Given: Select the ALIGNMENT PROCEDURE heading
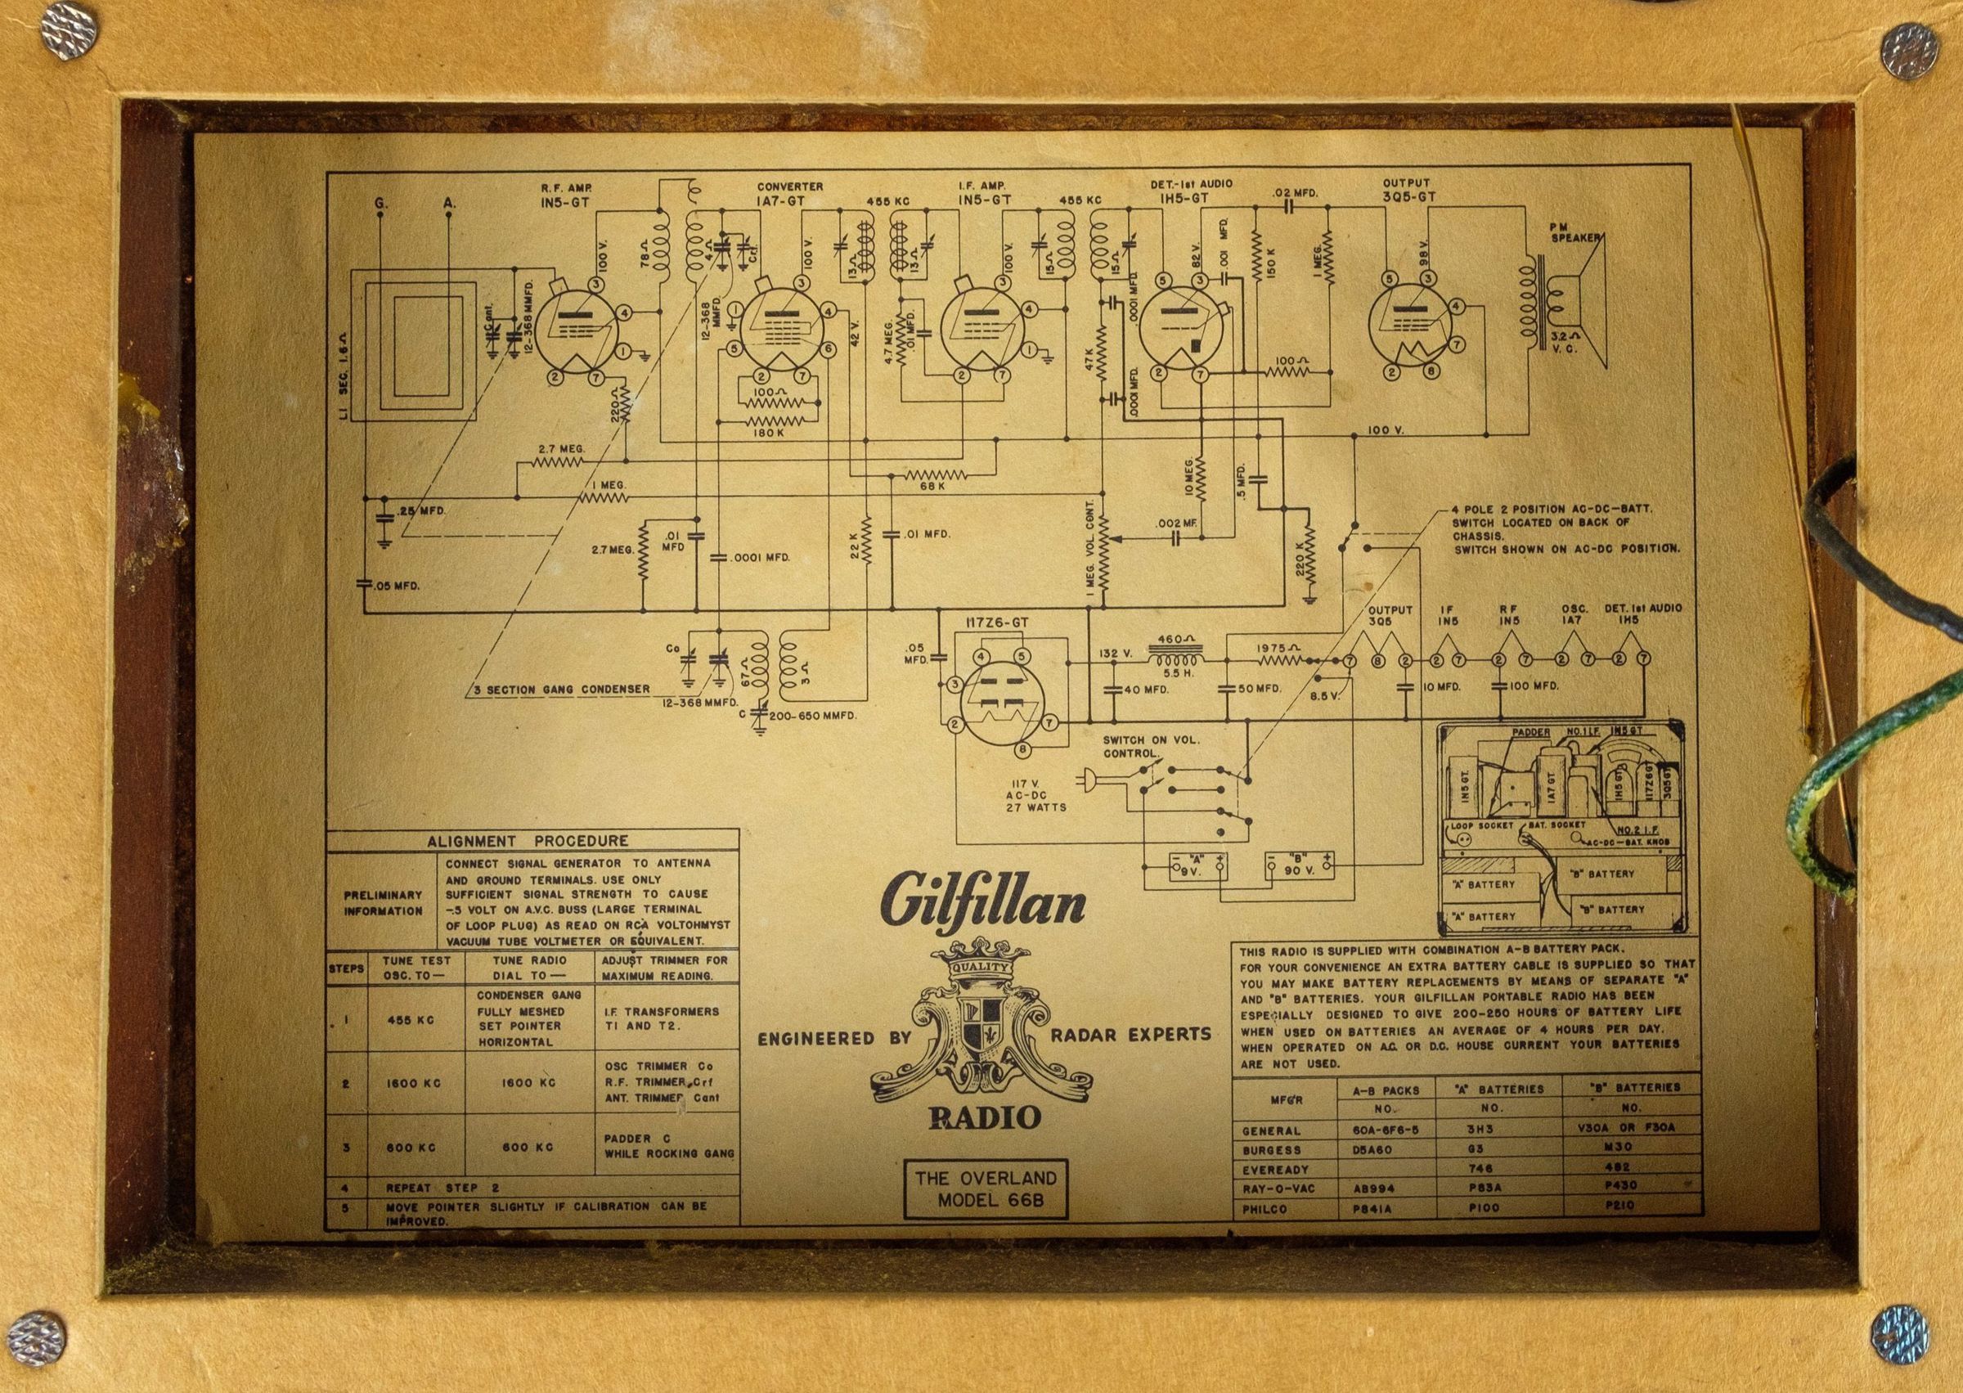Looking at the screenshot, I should coord(528,842).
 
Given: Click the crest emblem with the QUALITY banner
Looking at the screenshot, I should coord(982,1028).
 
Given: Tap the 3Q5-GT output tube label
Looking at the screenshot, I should coord(1409,196).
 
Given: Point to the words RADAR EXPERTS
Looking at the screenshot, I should coord(1130,1035).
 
